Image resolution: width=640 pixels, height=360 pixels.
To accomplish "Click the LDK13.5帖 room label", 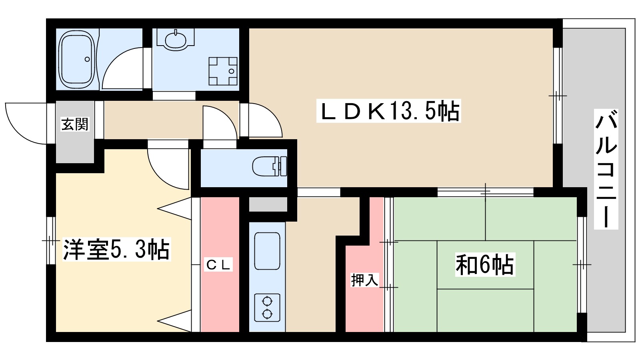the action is tap(388, 111).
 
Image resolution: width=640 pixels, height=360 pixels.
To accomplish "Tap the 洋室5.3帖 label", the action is tap(116, 250).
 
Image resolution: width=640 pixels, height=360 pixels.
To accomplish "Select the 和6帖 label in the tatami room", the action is tap(485, 264).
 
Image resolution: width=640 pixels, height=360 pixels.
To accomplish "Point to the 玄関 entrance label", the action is tap(75, 124).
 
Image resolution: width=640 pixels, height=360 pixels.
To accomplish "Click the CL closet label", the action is tap(218, 264).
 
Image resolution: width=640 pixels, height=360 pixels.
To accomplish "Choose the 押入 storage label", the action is tap(365, 280).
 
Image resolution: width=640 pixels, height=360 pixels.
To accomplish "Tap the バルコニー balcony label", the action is tap(606, 169).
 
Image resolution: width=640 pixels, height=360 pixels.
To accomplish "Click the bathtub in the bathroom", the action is tap(76, 60).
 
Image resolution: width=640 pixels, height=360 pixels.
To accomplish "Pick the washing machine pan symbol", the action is tap(223, 71).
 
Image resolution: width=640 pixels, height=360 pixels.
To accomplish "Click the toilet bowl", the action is tap(270, 166).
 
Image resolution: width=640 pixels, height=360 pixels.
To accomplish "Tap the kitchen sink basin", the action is tap(267, 251).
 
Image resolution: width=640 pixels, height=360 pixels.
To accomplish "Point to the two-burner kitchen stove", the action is tap(267, 308).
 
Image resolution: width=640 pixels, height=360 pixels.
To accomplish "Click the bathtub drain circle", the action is tap(87, 60).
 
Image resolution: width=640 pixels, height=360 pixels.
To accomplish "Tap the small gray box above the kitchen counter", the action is tap(268, 204).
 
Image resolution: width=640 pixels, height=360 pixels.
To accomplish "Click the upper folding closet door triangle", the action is tap(174, 208).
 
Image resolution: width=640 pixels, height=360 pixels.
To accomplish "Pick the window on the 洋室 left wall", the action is tap(51, 240).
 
